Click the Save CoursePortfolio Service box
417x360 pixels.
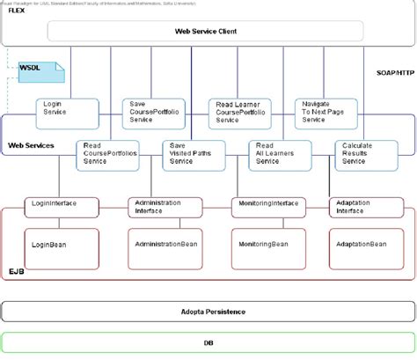point(149,112)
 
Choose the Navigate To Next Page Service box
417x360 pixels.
point(322,112)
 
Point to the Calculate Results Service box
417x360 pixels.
point(362,153)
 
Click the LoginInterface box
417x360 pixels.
point(53,204)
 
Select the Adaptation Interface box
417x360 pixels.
point(361,206)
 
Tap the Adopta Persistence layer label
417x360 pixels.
point(208,312)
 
